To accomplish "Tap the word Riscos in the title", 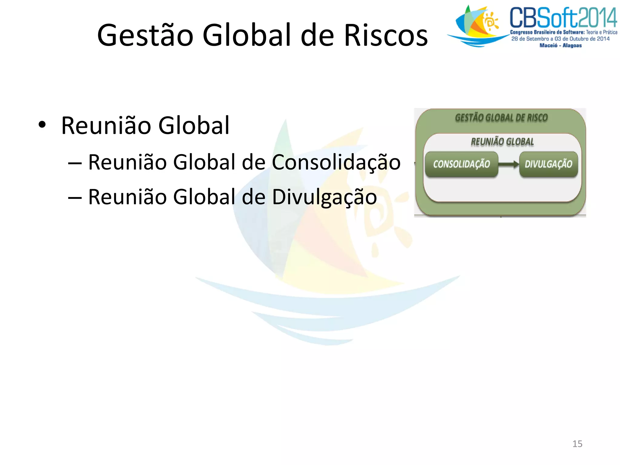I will [x=386, y=36].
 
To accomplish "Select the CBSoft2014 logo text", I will [x=563, y=18].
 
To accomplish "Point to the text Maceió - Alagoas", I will [x=560, y=45].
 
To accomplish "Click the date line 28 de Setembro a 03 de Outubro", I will [x=560, y=39].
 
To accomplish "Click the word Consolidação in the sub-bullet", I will [x=336, y=162].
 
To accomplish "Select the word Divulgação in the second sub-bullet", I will [x=325, y=197].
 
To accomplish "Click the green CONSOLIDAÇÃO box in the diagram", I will [x=461, y=164].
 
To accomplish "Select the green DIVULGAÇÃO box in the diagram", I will [x=548, y=164].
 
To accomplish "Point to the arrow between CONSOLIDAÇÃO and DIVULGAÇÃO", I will [x=509, y=164].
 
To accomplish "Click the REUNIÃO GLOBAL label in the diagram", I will [x=502, y=142].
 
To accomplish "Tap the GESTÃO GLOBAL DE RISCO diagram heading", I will [x=501, y=118].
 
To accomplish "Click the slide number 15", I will [x=577, y=444].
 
